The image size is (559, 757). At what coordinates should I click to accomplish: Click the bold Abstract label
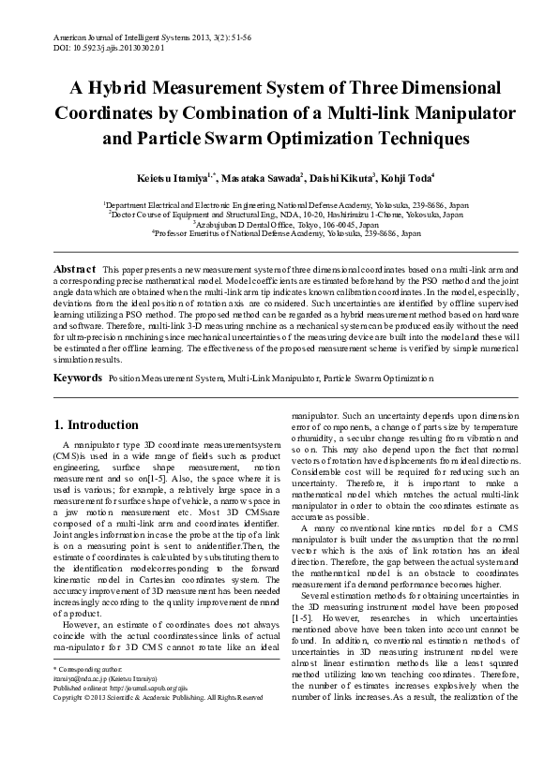[75, 269]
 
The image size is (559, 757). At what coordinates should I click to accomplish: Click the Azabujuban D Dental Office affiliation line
[279, 225]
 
